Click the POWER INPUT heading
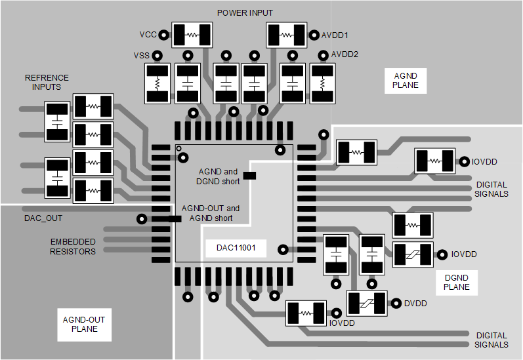(245, 13)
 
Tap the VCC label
(148, 34)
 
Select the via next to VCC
(164, 34)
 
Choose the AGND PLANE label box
(405, 80)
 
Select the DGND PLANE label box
(456, 282)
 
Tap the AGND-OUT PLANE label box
(83, 324)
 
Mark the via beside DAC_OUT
(140, 218)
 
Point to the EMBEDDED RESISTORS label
(73, 247)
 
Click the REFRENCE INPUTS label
(46, 82)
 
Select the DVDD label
(415, 303)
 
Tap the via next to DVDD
(396, 303)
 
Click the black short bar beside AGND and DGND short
(249, 176)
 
